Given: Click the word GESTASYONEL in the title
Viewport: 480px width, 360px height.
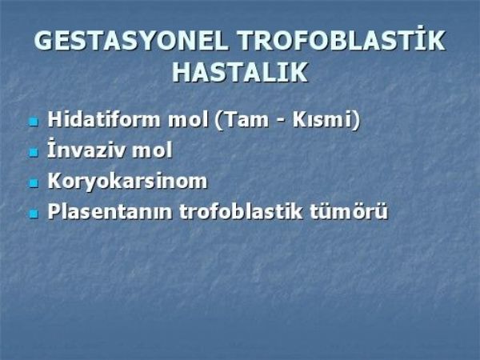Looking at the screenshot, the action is pos(131,41).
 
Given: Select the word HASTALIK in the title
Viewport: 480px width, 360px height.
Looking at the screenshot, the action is pos(240,73).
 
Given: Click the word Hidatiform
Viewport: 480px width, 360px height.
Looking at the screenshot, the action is pos(103,119).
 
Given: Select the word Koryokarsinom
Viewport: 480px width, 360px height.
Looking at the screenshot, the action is pos(127,182).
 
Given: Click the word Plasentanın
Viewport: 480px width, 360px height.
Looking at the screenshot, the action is pos(110,212).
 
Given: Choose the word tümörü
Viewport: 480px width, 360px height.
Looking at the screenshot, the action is pos(348,211).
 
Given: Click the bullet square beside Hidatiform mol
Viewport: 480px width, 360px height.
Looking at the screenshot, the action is pos(34,122).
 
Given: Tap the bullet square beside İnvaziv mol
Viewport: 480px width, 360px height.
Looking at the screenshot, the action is pos(34,153).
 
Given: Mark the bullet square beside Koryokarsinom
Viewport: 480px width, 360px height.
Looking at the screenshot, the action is pos(34,183).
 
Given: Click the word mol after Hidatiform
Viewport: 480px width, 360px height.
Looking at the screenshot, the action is pos(188,120).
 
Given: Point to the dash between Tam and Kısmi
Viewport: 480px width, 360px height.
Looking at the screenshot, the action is pos(281,122).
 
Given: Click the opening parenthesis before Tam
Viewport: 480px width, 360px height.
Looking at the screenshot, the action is pos(218,121).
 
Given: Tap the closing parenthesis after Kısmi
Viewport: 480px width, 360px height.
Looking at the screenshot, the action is pos(355,121).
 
